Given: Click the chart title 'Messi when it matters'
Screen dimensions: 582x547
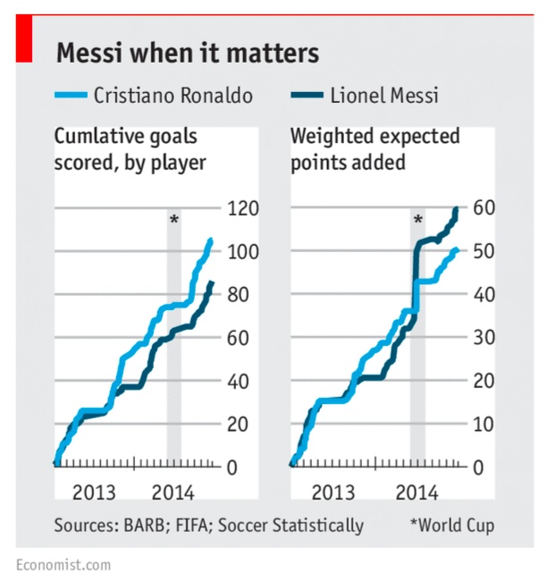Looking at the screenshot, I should pyautogui.click(x=188, y=54).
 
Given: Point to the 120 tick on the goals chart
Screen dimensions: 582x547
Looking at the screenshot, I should pyautogui.click(x=245, y=208).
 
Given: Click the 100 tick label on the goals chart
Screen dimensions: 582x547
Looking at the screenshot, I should pyautogui.click(x=245, y=251).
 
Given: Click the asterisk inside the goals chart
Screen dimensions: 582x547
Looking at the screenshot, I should pyautogui.click(x=173, y=221).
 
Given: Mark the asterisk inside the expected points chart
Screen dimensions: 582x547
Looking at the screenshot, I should pyautogui.click(x=417, y=221).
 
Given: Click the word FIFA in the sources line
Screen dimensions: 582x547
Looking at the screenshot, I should pyautogui.click(x=220, y=525).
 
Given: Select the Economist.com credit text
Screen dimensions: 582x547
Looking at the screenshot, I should pyautogui.click(x=63, y=564).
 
